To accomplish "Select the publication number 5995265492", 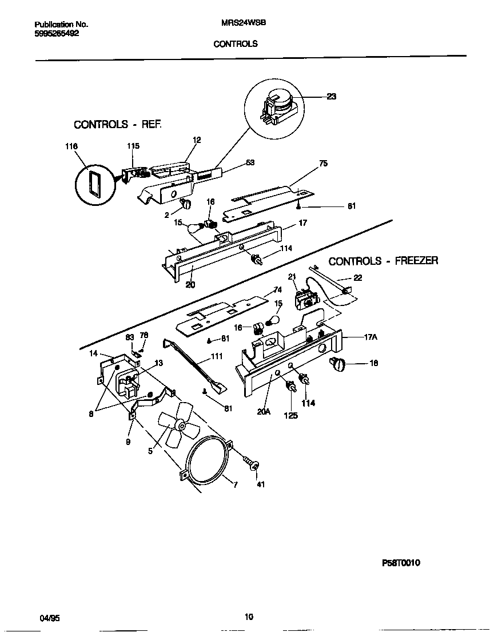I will pos(57,33).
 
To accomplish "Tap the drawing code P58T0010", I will pos(401,563).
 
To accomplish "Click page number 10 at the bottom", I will pos(248,617).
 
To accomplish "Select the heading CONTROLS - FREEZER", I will pos(383,261).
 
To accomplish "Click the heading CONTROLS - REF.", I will pos(118,124).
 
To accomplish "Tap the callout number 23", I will pos(331,97).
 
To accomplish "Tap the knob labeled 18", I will pos(340,363).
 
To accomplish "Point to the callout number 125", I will pos(290,416).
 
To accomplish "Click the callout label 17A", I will pos(370,337).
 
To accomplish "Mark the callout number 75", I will pos(323,164).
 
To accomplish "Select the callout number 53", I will pos(250,163).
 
